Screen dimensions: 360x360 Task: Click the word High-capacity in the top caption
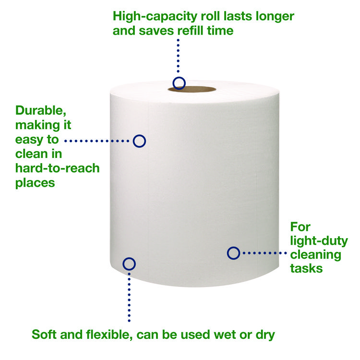pyautogui.click(x=155, y=17)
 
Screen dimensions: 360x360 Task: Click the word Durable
pyautogui.click(x=41, y=111)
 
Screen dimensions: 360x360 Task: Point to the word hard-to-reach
pyautogui.click(x=58, y=168)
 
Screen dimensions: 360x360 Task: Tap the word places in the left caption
pyautogui.click(x=35, y=183)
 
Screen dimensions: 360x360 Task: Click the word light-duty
pyautogui.click(x=319, y=241)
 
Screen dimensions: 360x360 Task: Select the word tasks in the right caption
pyautogui.click(x=306, y=268)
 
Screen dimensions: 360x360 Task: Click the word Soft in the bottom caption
pyautogui.click(x=44, y=334)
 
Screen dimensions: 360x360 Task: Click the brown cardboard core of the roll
pyautogui.click(x=197, y=89)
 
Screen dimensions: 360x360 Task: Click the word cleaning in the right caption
pyautogui.click(x=316, y=255)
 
